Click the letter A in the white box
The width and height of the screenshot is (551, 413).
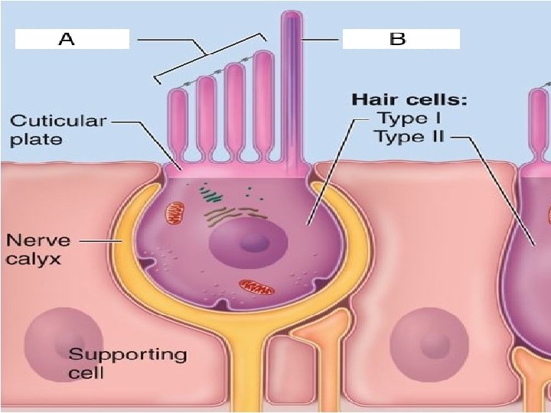(67, 39)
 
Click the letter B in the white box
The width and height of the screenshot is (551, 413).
(397, 39)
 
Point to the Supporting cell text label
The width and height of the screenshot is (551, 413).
(126, 363)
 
